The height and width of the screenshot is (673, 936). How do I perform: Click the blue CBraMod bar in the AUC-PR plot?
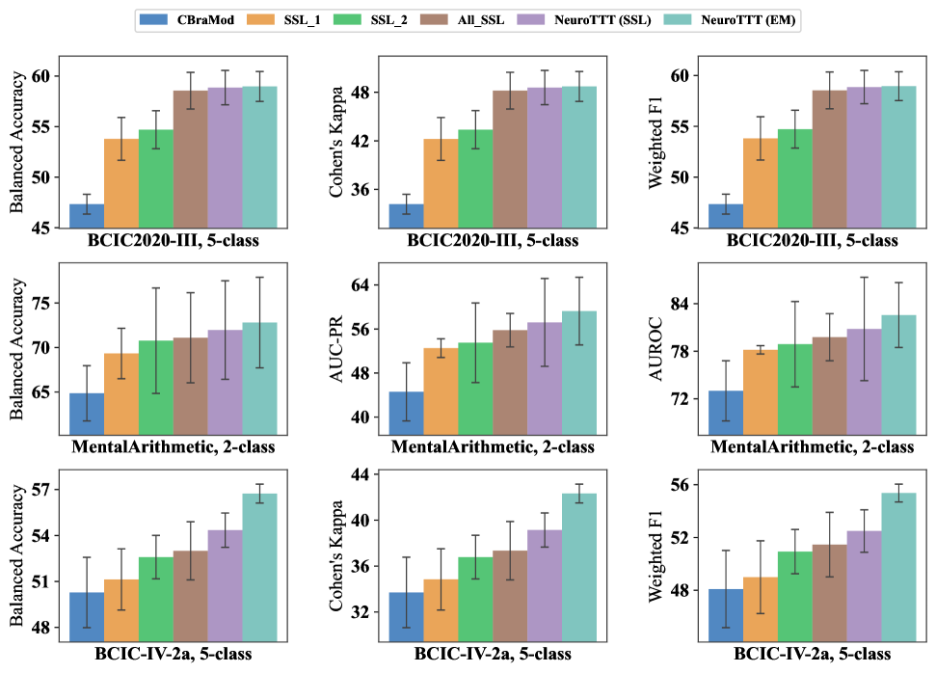point(406,406)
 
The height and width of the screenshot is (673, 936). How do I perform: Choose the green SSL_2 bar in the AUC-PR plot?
point(475,382)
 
